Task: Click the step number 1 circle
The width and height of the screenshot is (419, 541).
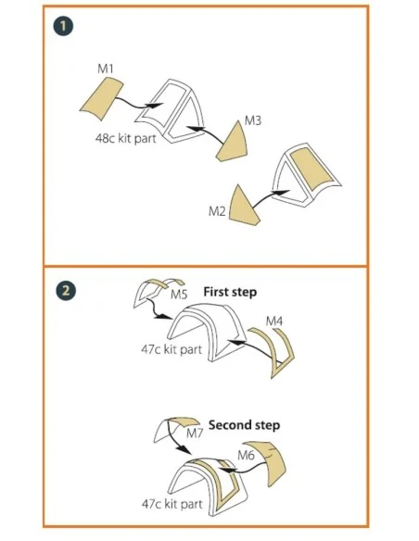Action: point(63,26)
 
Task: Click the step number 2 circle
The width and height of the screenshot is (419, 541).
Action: point(66,290)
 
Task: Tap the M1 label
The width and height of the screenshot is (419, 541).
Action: point(106,69)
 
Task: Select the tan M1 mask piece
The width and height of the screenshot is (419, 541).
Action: point(101,98)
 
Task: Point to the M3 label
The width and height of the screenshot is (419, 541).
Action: point(253,120)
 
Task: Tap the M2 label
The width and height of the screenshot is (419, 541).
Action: point(217,211)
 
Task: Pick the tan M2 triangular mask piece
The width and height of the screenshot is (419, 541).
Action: point(242,207)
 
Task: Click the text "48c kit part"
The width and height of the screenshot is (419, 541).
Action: point(126,139)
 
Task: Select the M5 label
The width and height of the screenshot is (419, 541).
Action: point(179,295)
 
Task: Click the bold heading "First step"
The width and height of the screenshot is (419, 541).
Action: point(230,292)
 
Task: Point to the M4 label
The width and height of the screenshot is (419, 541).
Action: point(274,321)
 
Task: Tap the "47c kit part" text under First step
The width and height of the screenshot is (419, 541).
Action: point(171,349)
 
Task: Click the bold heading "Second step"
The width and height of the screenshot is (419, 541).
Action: point(244,424)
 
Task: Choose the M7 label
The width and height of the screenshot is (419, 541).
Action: point(195,433)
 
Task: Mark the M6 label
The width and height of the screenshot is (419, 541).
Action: point(246,456)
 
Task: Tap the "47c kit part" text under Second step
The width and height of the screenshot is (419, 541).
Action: point(172,504)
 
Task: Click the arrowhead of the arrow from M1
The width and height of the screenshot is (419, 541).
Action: point(155,106)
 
